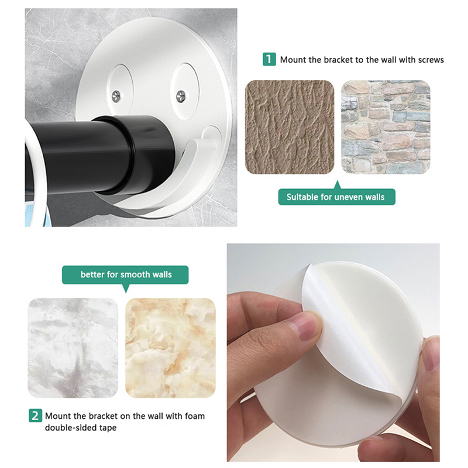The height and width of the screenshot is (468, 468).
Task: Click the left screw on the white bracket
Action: (x=116, y=96)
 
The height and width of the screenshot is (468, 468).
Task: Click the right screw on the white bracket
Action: (x=181, y=96)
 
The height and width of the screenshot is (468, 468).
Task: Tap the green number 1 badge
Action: (x=269, y=59)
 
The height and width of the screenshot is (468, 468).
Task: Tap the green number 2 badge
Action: (x=35, y=415)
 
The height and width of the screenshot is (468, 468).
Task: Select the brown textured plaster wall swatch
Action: (x=290, y=127)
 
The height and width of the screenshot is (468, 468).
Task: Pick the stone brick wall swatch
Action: (x=386, y=127)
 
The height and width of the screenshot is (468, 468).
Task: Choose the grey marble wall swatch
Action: (x=73, y=347)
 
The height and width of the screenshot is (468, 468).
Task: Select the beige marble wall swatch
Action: (x=170, y=347)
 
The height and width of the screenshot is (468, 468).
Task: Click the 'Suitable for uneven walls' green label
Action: (x=337, y=197)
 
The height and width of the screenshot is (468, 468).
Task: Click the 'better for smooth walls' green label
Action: (x=125, y=274)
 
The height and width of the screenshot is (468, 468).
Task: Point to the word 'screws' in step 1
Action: (x=431, y=60)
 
